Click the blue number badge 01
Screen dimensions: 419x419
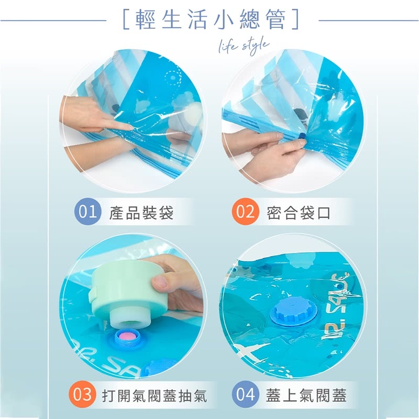pyautogui.click(x=87, y=212)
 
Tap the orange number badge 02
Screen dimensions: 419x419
pyautogui.click(x=245, y=212)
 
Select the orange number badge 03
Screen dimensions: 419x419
pyautogui.click(x=83, y=394)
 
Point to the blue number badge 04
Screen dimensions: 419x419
pyautogui.click(x=245, y=394)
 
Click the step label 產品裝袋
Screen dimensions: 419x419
pyautogui.click(x=141, y=213)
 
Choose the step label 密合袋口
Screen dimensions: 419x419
pyautogui.click(x=299, y=213)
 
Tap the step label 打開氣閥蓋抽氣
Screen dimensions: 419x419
pyautogui.click(x=155, y=395)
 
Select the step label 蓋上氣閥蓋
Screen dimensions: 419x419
pyautogui.click(x=306, y=395)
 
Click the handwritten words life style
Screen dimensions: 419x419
pyautogui.click(x=244, y=46)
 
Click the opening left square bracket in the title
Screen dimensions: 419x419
pyautogui.click(x=126, y=19)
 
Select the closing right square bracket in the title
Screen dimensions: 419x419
pyautogui.click(x=295, y=19)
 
